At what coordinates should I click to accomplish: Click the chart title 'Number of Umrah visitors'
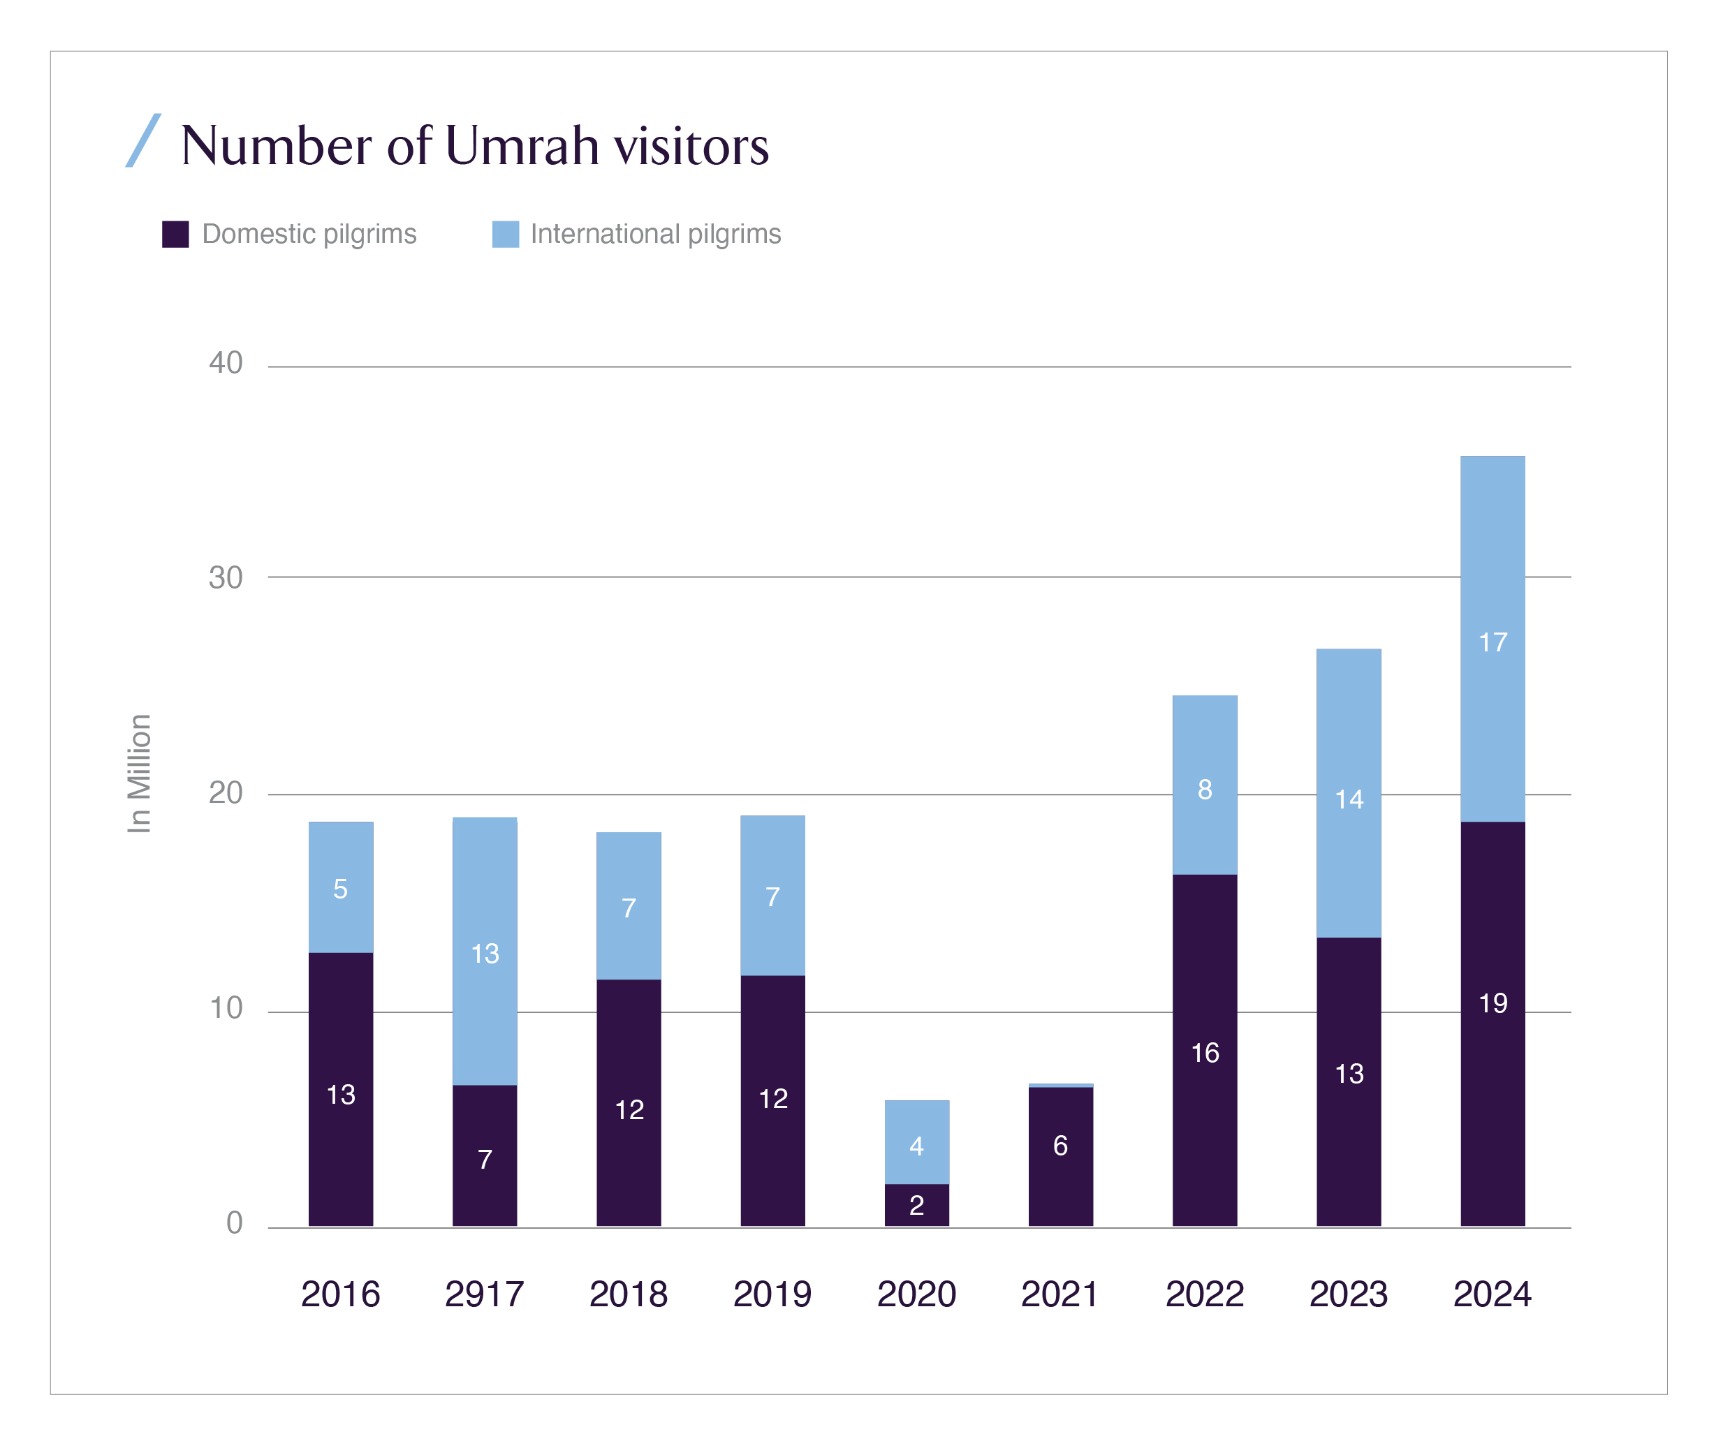(x=474, y=145)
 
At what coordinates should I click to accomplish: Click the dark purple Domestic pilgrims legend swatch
(x=175, y=235)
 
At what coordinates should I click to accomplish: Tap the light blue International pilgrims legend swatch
(x=505, y=235)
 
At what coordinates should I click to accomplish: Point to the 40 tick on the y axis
(x=226, y=363)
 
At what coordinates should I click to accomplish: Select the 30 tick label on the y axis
(x=226, y=577)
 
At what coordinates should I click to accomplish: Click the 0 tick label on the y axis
(x=235, y=1223)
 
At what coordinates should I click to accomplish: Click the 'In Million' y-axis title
(x=140, y=774)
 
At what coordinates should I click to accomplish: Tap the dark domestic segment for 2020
(x=916, y=1205)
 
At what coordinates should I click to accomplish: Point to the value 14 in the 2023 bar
(x=1349, y=799)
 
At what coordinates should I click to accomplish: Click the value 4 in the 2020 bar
(x=917, y=1147)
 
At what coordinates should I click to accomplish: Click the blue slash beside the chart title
(x=143, y=140)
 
